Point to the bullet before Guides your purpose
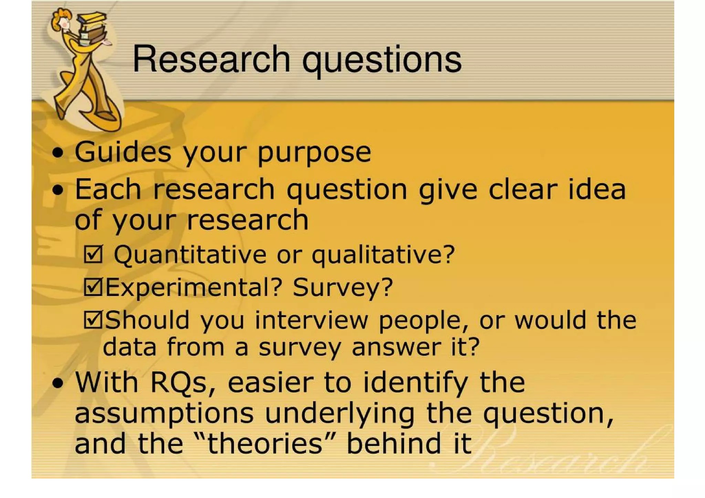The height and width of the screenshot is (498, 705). click(x=58, y=153)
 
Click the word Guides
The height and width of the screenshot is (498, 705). click(x=123, y=152)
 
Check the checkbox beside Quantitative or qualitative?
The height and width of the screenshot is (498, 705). click(x=93, y=255)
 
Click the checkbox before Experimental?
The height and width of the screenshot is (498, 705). click(x=93, y=287)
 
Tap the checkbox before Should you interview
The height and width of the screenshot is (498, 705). click(x=93, y=319)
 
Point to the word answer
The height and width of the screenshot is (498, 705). click(x=396, y=347)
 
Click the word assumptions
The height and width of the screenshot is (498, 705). click(x=164, y=414)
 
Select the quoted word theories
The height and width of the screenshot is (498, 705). click(x=265, y=444)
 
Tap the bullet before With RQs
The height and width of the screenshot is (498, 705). click(x=58, y=383)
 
